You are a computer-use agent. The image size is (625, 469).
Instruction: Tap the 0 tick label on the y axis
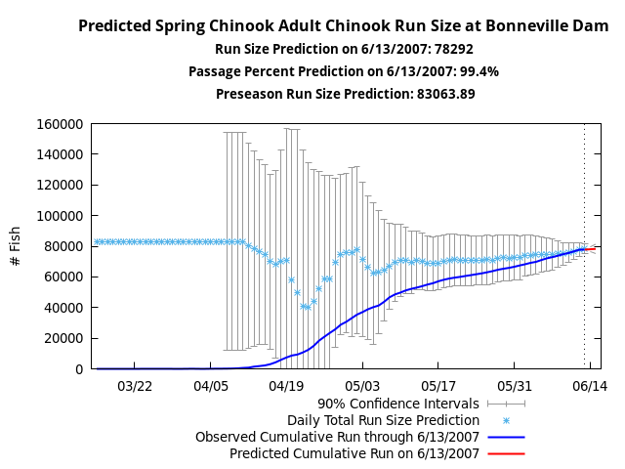tap(79, 369)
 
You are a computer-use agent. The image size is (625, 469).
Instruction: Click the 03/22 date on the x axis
tap(135, 387)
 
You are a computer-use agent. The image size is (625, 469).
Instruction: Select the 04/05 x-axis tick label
tap(211, 387)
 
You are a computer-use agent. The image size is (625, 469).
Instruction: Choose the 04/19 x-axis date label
tap(286, 387)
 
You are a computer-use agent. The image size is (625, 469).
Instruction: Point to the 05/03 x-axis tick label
tap(362, 387)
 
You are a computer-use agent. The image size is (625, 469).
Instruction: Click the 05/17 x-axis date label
tap(438, 387)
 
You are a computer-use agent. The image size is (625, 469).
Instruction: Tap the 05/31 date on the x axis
tap(514, 387)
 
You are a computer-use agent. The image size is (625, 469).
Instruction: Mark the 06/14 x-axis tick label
tap(590, 387)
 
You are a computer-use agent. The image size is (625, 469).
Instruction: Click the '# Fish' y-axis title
tap(15, 246)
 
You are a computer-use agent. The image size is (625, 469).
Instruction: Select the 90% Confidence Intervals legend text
tap(398, 404)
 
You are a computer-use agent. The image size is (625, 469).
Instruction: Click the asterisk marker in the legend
tap(506, 420)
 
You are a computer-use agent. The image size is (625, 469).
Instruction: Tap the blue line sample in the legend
tap(506, 437)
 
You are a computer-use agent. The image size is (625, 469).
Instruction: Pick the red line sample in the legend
tap(506, 453)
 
